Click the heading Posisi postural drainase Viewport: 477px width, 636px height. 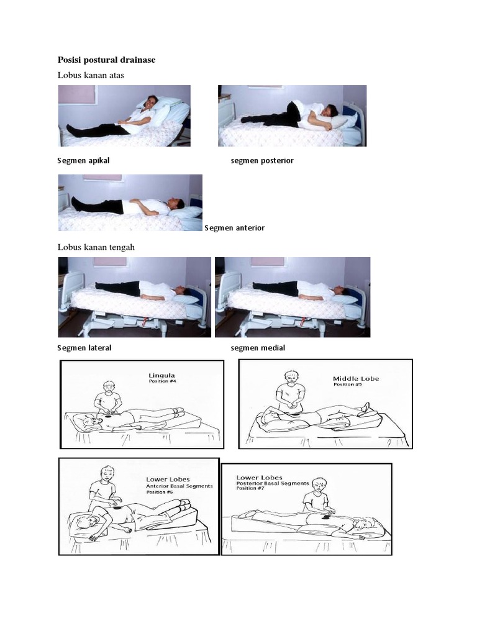pos(106,60)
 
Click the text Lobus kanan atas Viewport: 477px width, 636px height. pos(91,75)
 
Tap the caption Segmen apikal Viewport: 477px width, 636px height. pos(83,160)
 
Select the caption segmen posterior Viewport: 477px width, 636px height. pos(261,160)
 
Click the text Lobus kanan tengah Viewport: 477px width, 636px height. pos(96,247)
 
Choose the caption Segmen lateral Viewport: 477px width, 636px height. pos(84,348)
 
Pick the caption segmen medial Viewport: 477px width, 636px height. pos(258,348)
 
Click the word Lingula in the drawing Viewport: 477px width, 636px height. pos(161,375)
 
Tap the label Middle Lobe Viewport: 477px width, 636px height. pos(356,378)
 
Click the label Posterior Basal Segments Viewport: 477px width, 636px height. pos(273,483)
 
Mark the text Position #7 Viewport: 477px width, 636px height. pos(251,489)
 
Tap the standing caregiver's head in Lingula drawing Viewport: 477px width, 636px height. pos(109,388)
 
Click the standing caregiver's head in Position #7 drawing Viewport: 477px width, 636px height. pos(319,484)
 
